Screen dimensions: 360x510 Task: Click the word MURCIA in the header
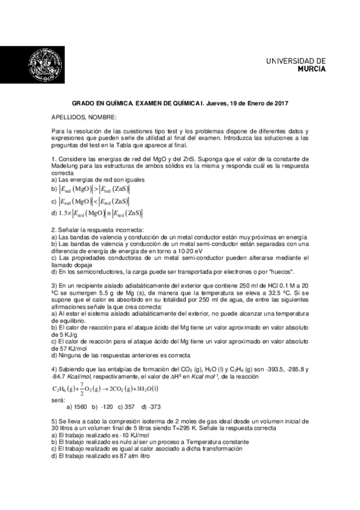click(x=313, y=69)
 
